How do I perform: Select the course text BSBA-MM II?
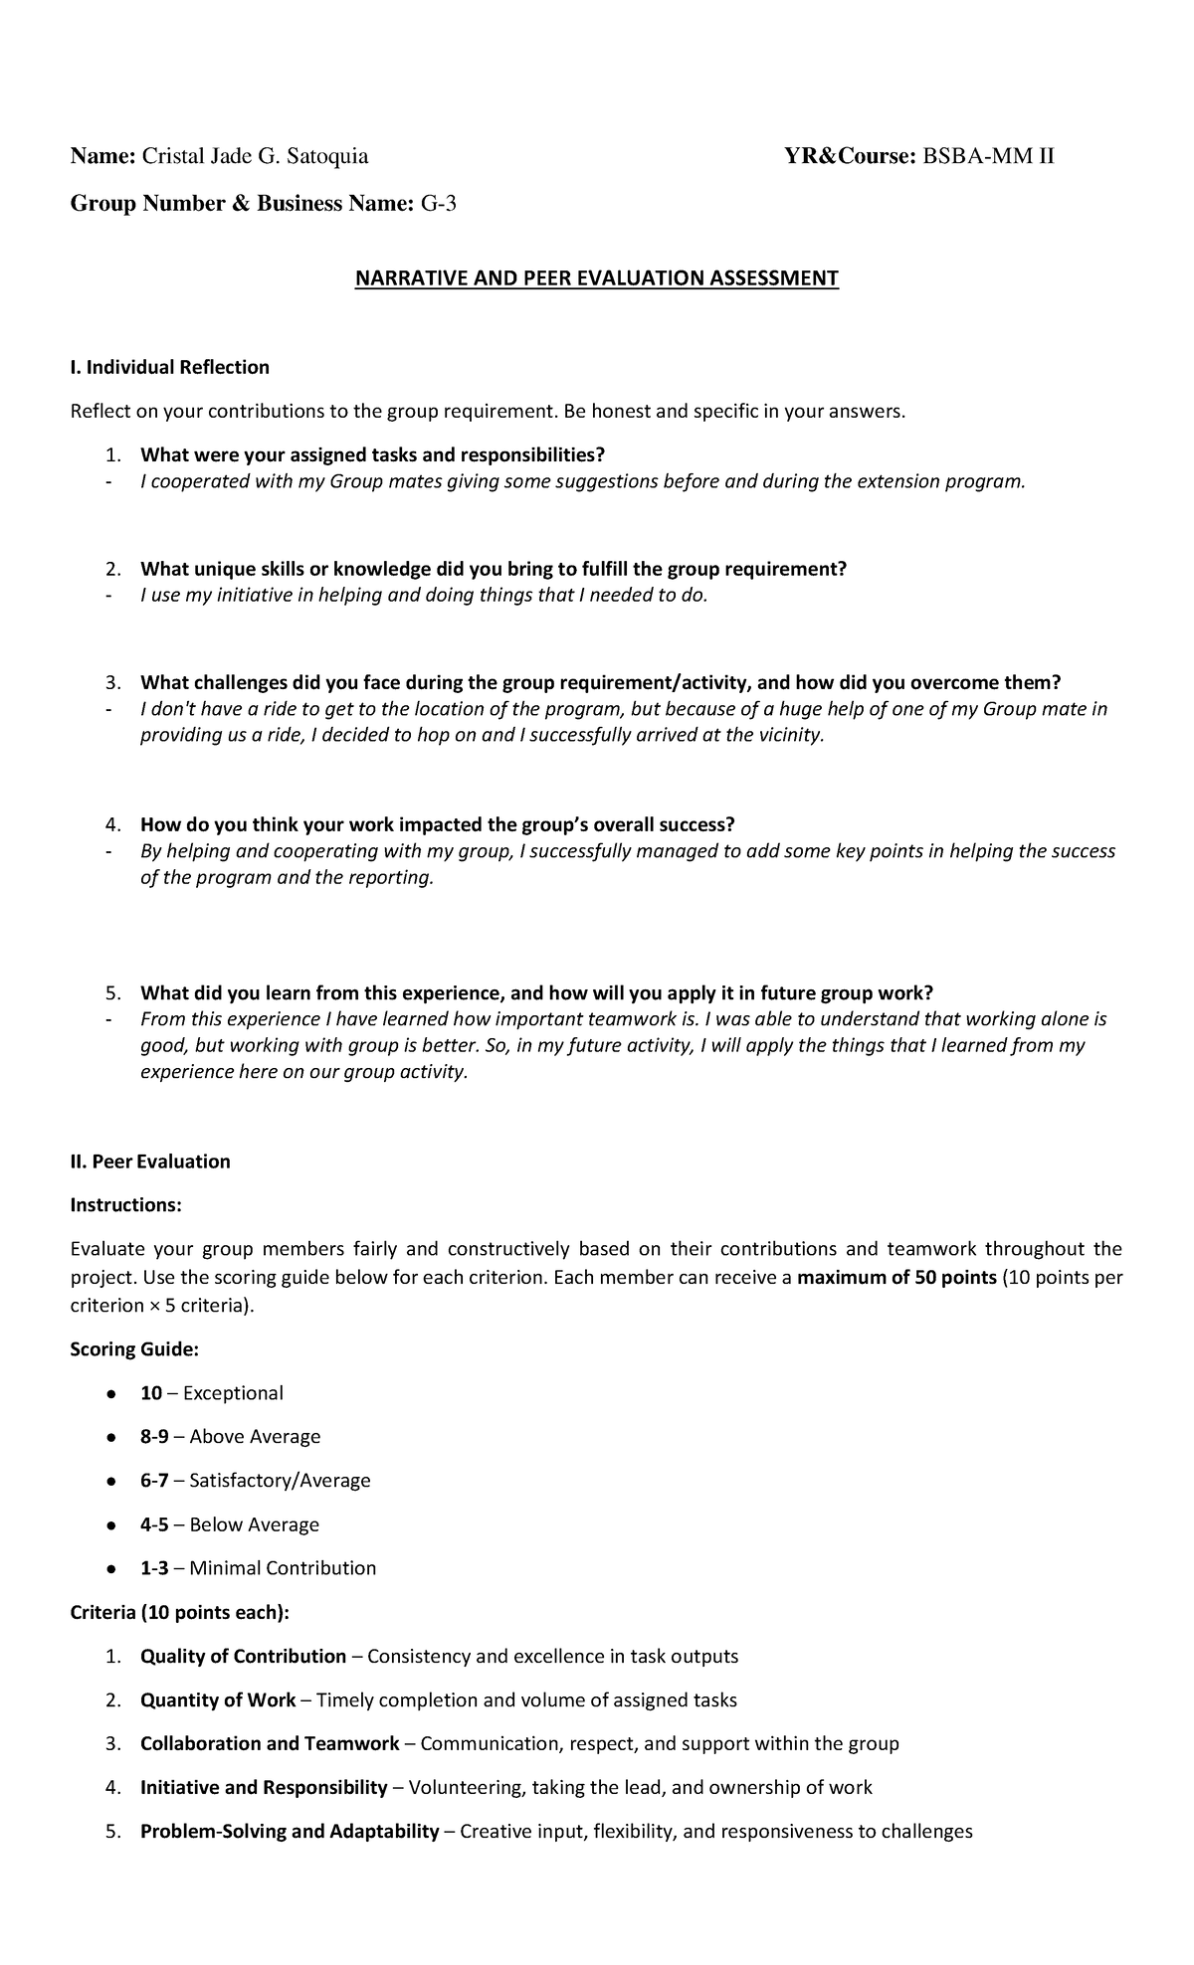pos(989,156)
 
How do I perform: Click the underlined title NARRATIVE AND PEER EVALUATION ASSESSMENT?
pos(597,278)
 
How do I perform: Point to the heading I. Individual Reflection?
pos(169,367)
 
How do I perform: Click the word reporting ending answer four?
pos(396,879)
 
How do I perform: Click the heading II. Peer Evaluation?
pos(150,1161)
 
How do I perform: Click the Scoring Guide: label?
pos(134,1349)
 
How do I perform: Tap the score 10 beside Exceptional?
pos(151,1393)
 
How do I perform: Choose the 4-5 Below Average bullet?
pos(229,1524)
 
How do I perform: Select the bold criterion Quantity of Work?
pos(218,1700)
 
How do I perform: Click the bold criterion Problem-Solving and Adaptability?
pos(290,1832)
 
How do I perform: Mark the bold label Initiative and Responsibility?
pos(264,1788)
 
